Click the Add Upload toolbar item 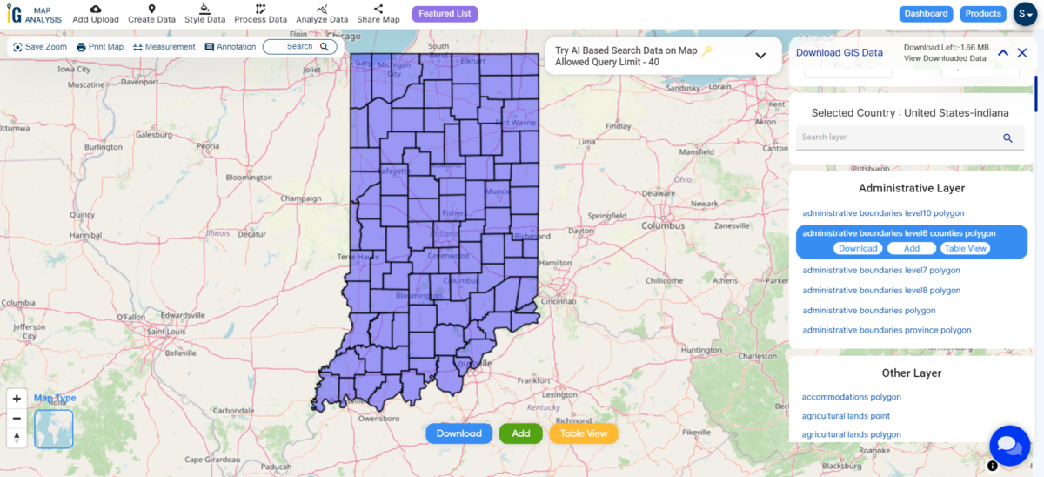96,14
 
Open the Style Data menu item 204,14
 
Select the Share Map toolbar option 378,14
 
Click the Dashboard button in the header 926,14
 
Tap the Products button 983,14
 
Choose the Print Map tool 100,47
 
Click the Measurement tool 164,47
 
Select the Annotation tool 231,47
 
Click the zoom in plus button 17,399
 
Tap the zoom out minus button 17,418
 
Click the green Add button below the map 521,433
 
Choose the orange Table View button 584,433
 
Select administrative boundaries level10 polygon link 883,213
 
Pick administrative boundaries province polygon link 887,331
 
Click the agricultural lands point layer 846,416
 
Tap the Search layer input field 896,138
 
